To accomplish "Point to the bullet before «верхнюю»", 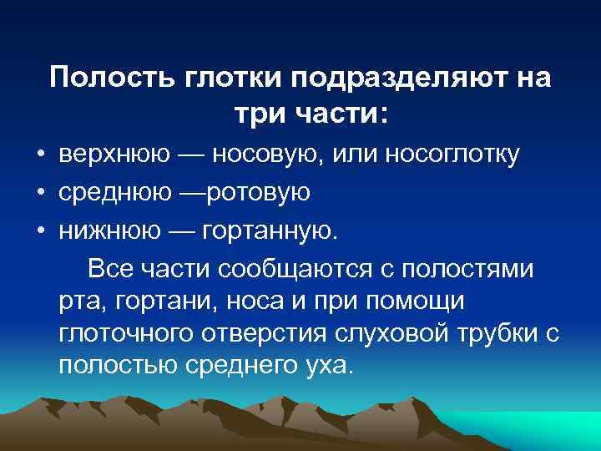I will pos(40,155).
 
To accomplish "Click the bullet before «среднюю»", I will pos(40,194).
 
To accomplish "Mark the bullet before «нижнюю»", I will pos(40,231).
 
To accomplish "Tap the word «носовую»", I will pos(274,155).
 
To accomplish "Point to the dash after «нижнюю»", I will pos(172,231).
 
